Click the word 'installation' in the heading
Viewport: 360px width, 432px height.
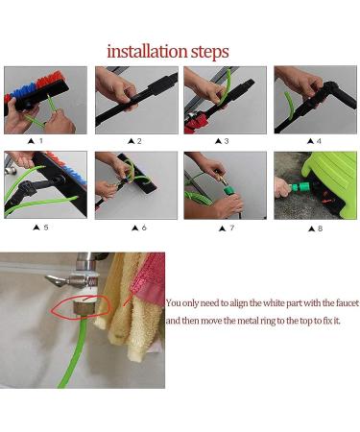(x=147, y=51)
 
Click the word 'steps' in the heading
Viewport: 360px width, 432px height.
(x=210, y=53)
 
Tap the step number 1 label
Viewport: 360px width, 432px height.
(x=40, y=140)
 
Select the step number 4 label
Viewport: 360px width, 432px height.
(x=319, y=141)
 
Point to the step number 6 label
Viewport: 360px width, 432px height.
(x=144, y=228)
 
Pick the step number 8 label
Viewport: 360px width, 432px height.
(x=320, y=228)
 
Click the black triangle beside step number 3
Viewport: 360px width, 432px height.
(x=219, y=141)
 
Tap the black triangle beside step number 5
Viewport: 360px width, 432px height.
(x=36, y=228)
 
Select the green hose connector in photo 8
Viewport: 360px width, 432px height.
(x=300, y=186)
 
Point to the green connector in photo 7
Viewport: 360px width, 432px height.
(x=230, y=191)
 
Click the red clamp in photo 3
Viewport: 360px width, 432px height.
(x=196, y=123)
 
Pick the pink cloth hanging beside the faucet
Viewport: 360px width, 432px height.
(x=150, y=277)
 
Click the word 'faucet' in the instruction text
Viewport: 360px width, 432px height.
(x=348, y=302)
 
